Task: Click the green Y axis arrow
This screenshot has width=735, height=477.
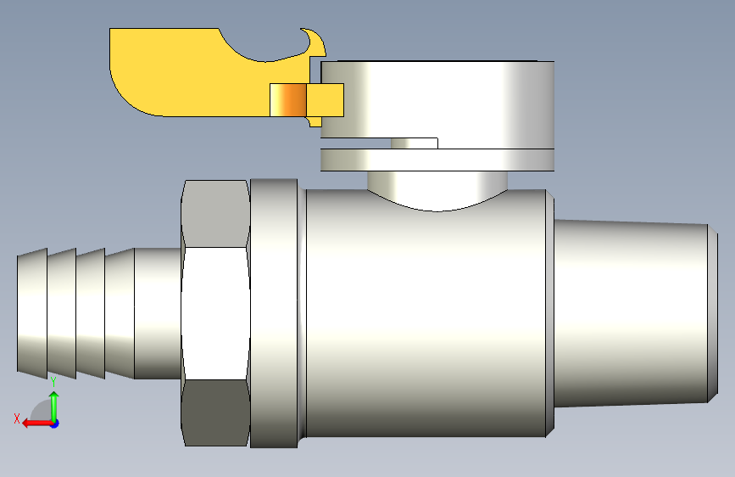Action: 54,406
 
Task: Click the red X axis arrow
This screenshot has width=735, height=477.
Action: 37,424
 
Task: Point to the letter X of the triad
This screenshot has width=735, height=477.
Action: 17,418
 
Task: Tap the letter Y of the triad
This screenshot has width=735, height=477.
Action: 53,382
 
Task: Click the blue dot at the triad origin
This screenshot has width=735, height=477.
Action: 55,424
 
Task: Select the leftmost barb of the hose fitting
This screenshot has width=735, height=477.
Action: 32,312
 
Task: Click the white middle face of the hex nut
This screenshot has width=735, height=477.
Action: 215,313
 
